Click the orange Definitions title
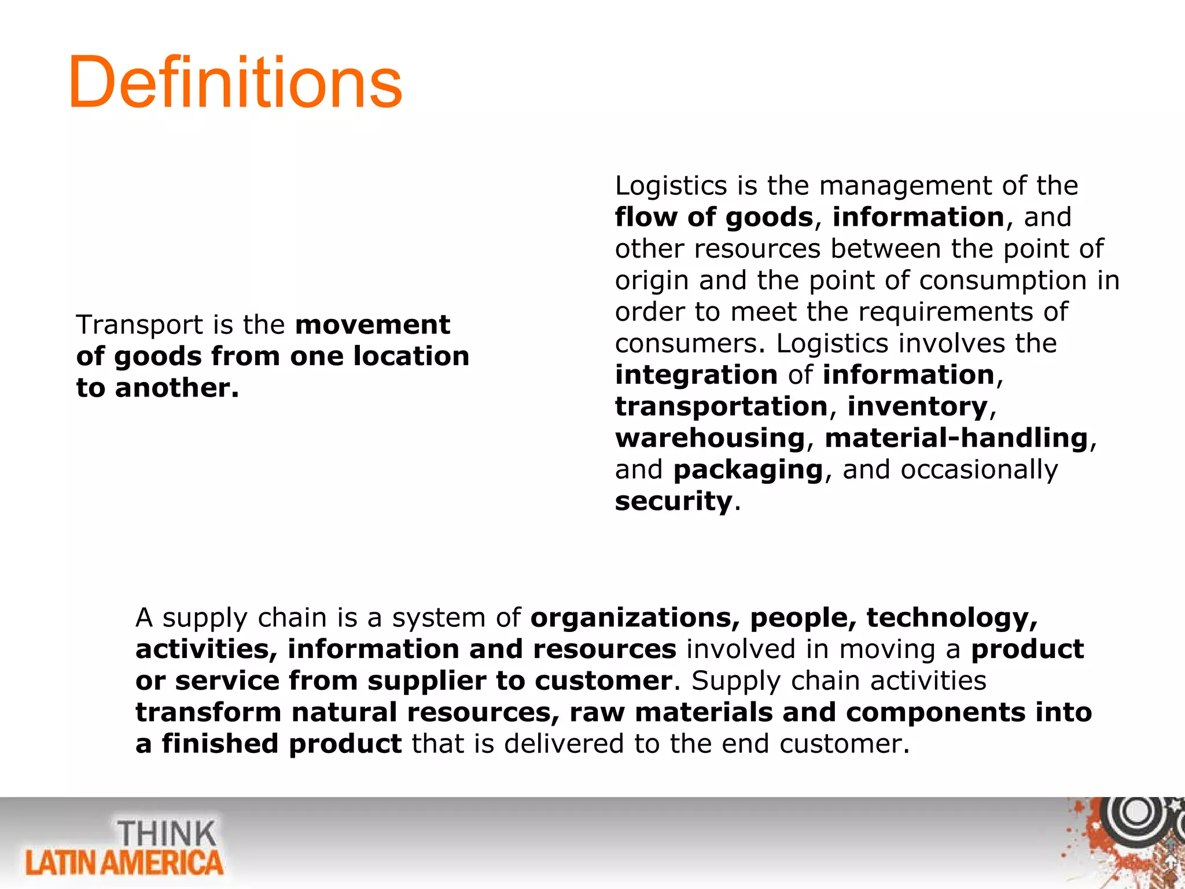pos(235,82)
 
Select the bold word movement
pos(373,325)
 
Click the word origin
pos(652,281)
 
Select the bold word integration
pos(696,375)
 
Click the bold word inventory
pos(918,406)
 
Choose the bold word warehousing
pos(710,438)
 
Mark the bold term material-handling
pos(956,438)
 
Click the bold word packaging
pos(748,470)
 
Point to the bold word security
pos(674,501)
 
